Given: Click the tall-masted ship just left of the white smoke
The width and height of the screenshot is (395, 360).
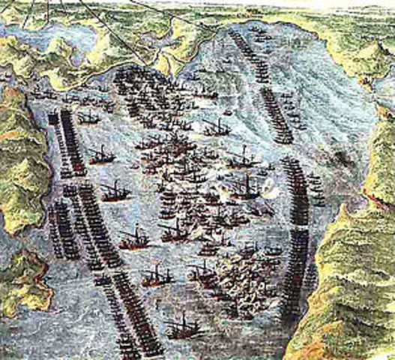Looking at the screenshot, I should [x=244, y=184].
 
